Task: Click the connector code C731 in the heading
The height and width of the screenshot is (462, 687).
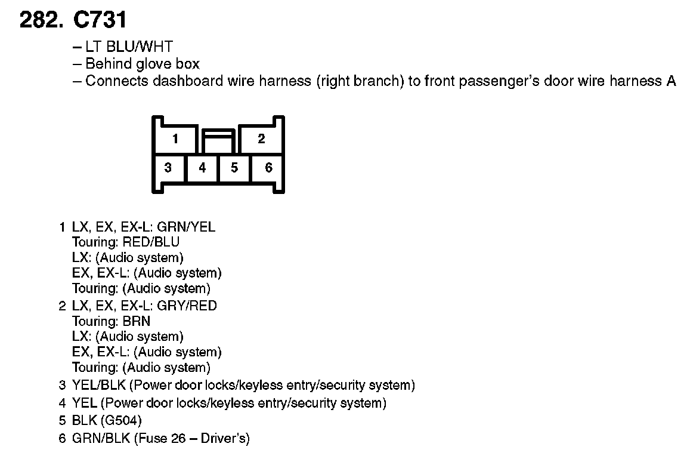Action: coord(100,21)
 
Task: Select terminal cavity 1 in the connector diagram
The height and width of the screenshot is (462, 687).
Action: coord(175,139)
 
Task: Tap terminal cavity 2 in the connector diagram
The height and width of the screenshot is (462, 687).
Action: coord(261,139)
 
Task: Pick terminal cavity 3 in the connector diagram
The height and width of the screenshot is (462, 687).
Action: coord(168,168)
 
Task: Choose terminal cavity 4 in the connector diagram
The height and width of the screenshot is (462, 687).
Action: coord(202,168)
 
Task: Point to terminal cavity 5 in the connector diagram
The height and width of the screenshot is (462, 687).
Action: coord(234,168)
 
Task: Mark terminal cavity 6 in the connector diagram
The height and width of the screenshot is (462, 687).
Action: coord(268,168)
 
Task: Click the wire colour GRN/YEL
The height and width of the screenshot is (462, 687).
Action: coord(185,227)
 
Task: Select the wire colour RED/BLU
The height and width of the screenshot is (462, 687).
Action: coord(151,242)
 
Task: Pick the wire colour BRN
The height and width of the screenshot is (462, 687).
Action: coord(137,321)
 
